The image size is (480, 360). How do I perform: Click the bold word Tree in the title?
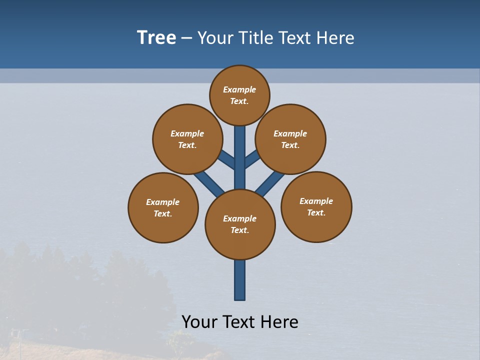click(x=156, y=38)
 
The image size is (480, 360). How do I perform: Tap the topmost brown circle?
click(x=239, y=95)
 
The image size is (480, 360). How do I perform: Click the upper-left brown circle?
click(x=187, y=139)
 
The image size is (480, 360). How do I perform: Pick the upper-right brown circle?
click(x=290, y=139)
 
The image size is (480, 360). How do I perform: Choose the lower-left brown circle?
click(x=163, y=207)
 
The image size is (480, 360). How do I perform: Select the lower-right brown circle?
click(x=316, y=206)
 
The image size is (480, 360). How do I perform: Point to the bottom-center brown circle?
click(x=240, y=224)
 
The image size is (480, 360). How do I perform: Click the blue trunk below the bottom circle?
click(x=240, y=280)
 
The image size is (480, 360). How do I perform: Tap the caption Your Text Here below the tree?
click(x=240, y=321)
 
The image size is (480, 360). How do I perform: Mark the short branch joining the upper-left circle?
click(x=226, y=159)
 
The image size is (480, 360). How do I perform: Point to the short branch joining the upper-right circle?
click(x=252, y=159)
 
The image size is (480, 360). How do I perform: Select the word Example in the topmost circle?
click(x=239, y=89)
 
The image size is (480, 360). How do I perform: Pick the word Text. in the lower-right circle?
click(x=316, y=212)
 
